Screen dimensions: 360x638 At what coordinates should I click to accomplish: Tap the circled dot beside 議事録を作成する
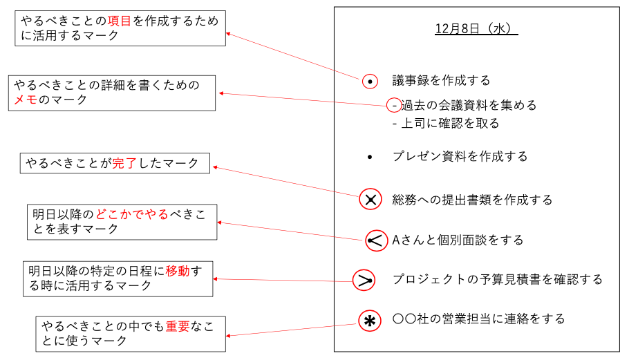(x=370, y=81)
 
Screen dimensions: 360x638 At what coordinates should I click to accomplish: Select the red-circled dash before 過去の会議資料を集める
(x=394, y=106)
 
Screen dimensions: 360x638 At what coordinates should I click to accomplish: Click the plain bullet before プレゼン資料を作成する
(x=370, y=158)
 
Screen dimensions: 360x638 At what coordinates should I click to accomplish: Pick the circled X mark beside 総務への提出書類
(x=370, y=200)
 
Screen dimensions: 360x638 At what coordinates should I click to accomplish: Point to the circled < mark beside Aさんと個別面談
(x=374, y=240)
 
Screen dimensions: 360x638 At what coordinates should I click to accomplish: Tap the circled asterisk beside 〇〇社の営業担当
(x=370, y=320)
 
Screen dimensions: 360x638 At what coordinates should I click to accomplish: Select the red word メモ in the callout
(x=29, y=100)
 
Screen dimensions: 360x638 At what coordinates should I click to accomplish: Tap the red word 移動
(x=176, y=270)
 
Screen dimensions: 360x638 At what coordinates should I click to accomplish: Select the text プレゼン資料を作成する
(x=460, y=157)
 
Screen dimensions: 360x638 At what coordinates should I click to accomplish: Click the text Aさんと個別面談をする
(x=458, y=240)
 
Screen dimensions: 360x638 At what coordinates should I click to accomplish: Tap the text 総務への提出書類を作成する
(x=472, y=200)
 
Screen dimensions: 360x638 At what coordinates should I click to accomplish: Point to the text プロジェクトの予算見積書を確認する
(x=497, y=280)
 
